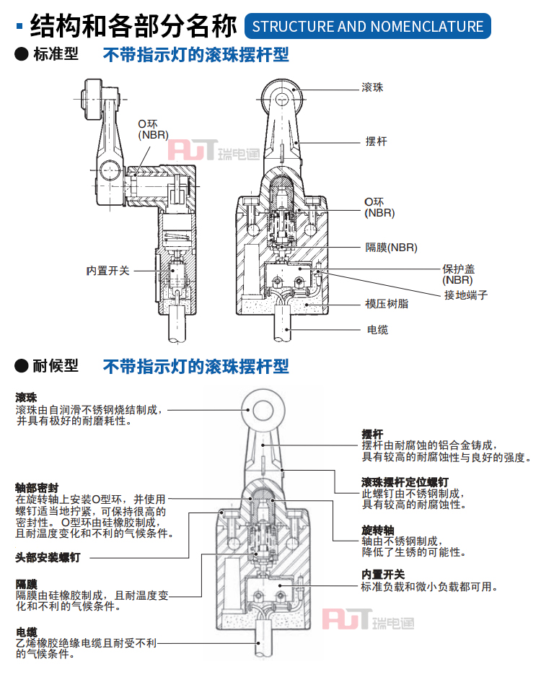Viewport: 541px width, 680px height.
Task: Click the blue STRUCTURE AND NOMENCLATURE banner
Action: [x=368, y=27]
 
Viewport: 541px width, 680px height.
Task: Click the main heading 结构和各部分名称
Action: [x=133, y=27]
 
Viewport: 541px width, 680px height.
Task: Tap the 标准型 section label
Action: [x=56, y=55]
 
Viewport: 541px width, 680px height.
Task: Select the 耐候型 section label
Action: [x=56, y=366]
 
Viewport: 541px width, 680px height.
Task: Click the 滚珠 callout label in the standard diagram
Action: [x=372, y=88]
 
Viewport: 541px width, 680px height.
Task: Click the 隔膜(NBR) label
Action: [x=391, y=248]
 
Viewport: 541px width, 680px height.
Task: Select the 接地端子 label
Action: [x=466, y=295]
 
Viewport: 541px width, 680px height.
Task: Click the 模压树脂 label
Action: [x=387, y=304]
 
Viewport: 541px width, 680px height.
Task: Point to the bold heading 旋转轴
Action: [x=377, y=530]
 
